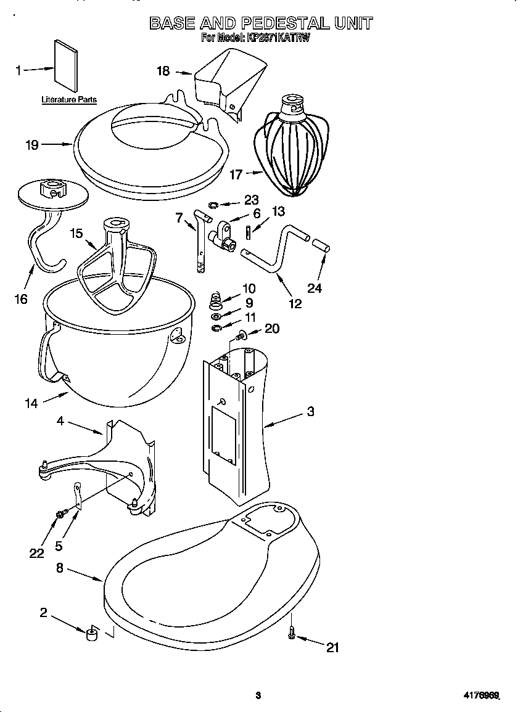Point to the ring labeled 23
pos(213,205)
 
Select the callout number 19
pos(31,145)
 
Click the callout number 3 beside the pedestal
pos(311,411)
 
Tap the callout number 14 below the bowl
pos(31,404)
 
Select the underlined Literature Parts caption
pos(69,99)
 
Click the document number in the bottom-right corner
pos(480,696)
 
